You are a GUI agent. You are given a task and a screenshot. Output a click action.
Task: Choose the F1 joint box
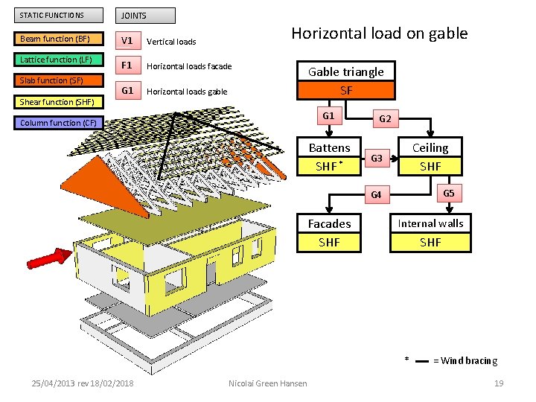[x=127, y=66]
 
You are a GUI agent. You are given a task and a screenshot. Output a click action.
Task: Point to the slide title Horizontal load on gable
[x=379, y=33]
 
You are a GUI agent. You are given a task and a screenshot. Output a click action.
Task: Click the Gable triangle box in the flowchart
[x=346, y=72]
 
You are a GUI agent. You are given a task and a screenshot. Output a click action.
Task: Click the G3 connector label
[x=377, y=158]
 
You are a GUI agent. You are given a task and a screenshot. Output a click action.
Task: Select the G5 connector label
[x=448, y=193]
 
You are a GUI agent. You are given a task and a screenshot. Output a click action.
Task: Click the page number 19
[x=499, y=383]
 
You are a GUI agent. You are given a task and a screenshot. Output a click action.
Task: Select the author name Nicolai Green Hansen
[x=268, y=383]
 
